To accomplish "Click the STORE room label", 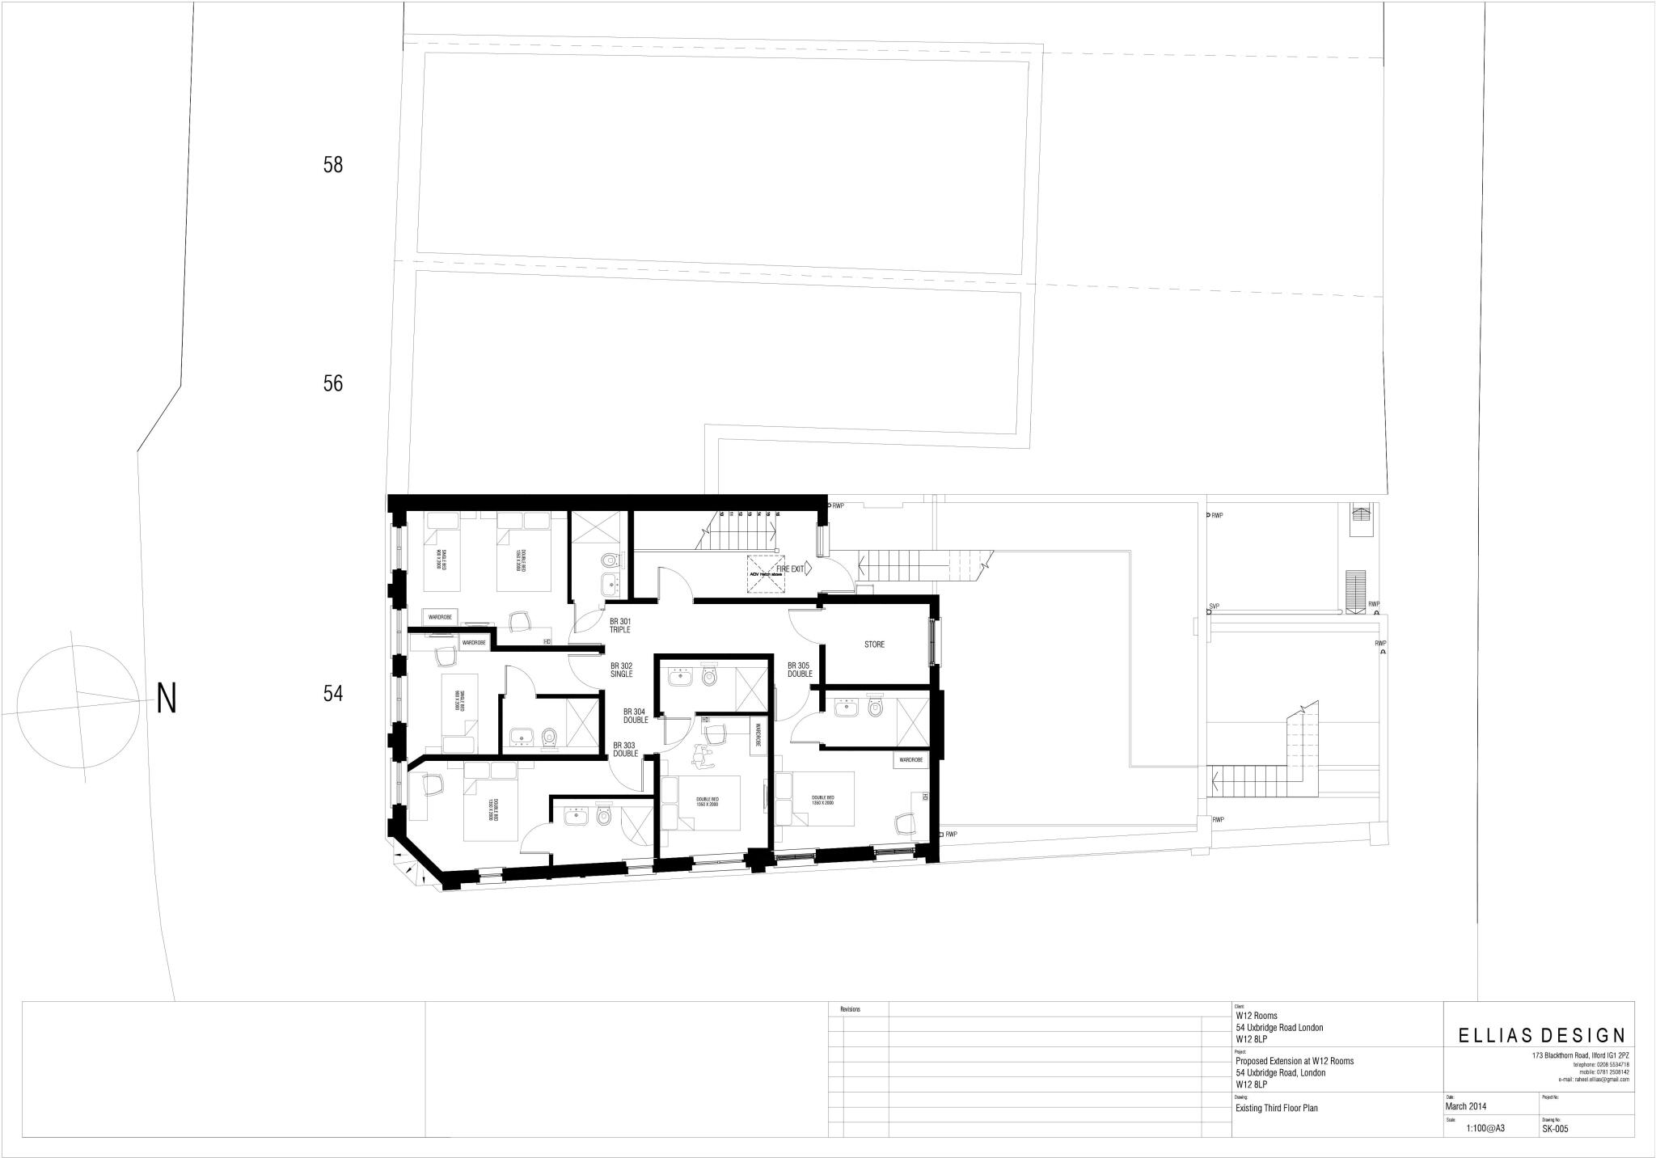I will point(874,645).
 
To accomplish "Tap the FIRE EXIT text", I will point(791,569).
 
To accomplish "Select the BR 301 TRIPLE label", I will point(620,625).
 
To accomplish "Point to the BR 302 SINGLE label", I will point(621,670).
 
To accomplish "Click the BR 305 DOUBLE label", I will point(800,670).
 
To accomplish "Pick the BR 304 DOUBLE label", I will point(636,716).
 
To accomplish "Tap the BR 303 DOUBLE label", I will point(625,750).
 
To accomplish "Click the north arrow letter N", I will point(167,699).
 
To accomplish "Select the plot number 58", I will point(333,165).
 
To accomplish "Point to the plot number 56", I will point(333,383).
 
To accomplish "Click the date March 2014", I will point(1466,1106).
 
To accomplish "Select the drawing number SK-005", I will point(1555,1130).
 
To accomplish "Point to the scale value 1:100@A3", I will point(1485,1129).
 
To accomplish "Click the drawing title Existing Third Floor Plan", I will point(1277,1108).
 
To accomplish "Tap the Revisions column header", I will point(851,1010).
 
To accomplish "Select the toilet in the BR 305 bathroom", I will point(874,708).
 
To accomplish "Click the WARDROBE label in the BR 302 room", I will point(474,643).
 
